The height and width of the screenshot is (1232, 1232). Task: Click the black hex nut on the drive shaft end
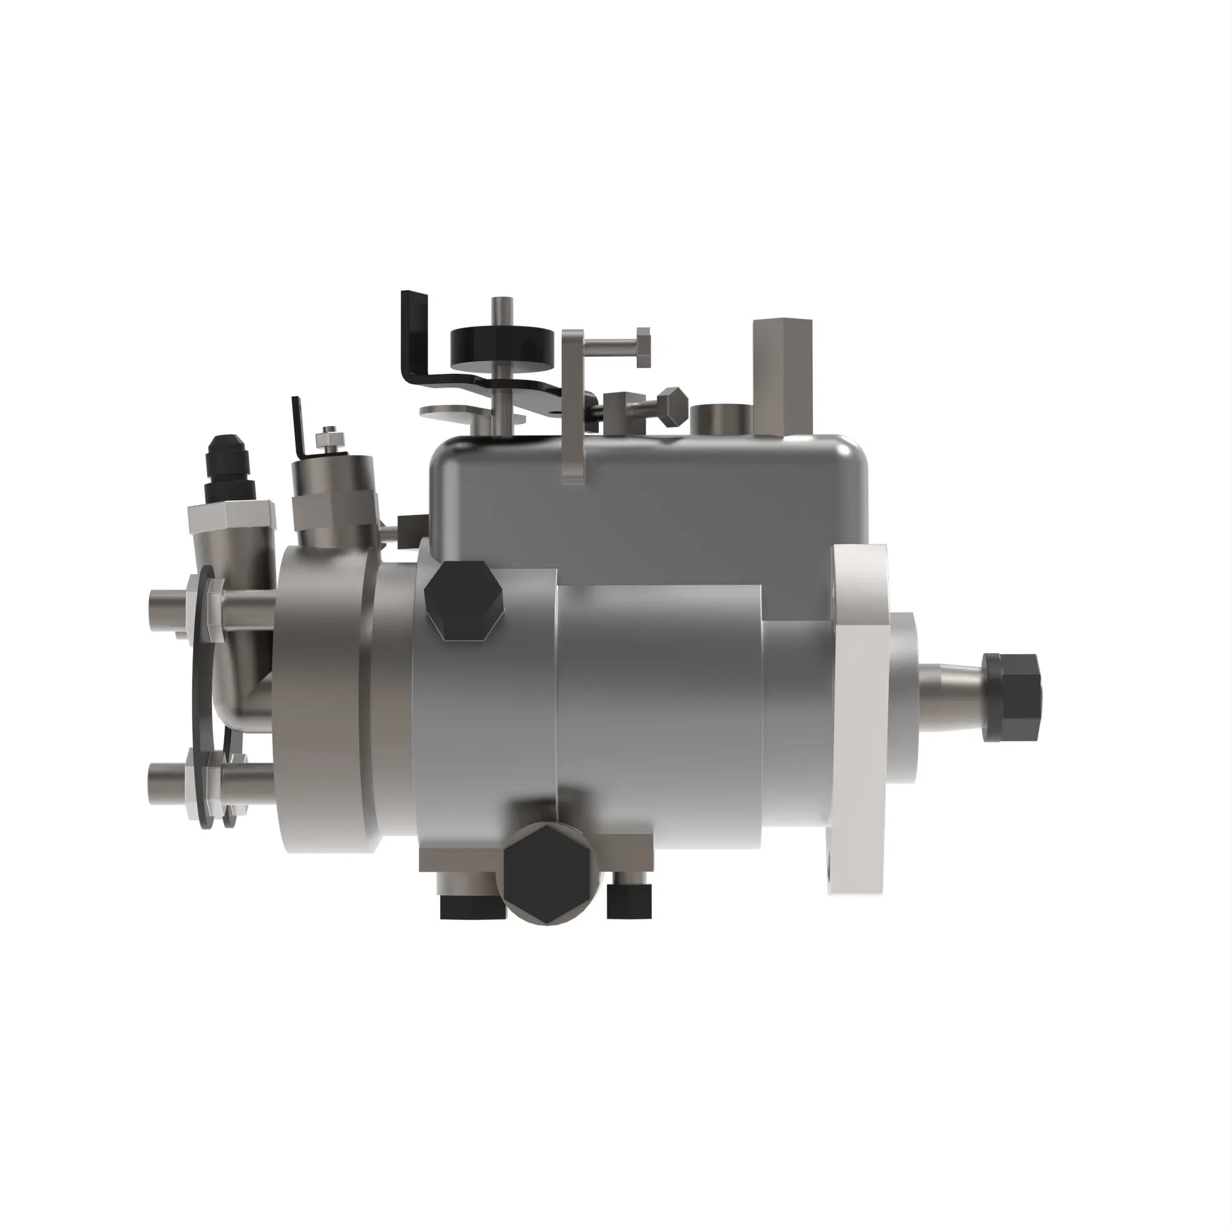tap(1011, 696)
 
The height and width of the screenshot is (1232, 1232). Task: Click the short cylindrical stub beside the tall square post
tap(721, 418)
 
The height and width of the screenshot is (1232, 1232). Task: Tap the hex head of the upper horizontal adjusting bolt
tap(642, 347)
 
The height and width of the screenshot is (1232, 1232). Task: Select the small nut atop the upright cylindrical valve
tap(329, 439)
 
